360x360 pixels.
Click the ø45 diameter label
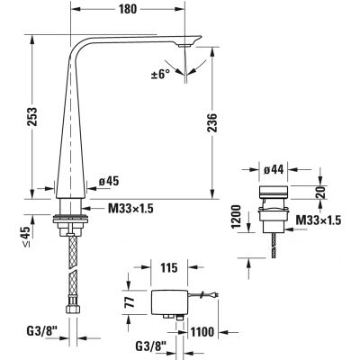107,181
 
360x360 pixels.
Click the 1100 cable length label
202,331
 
